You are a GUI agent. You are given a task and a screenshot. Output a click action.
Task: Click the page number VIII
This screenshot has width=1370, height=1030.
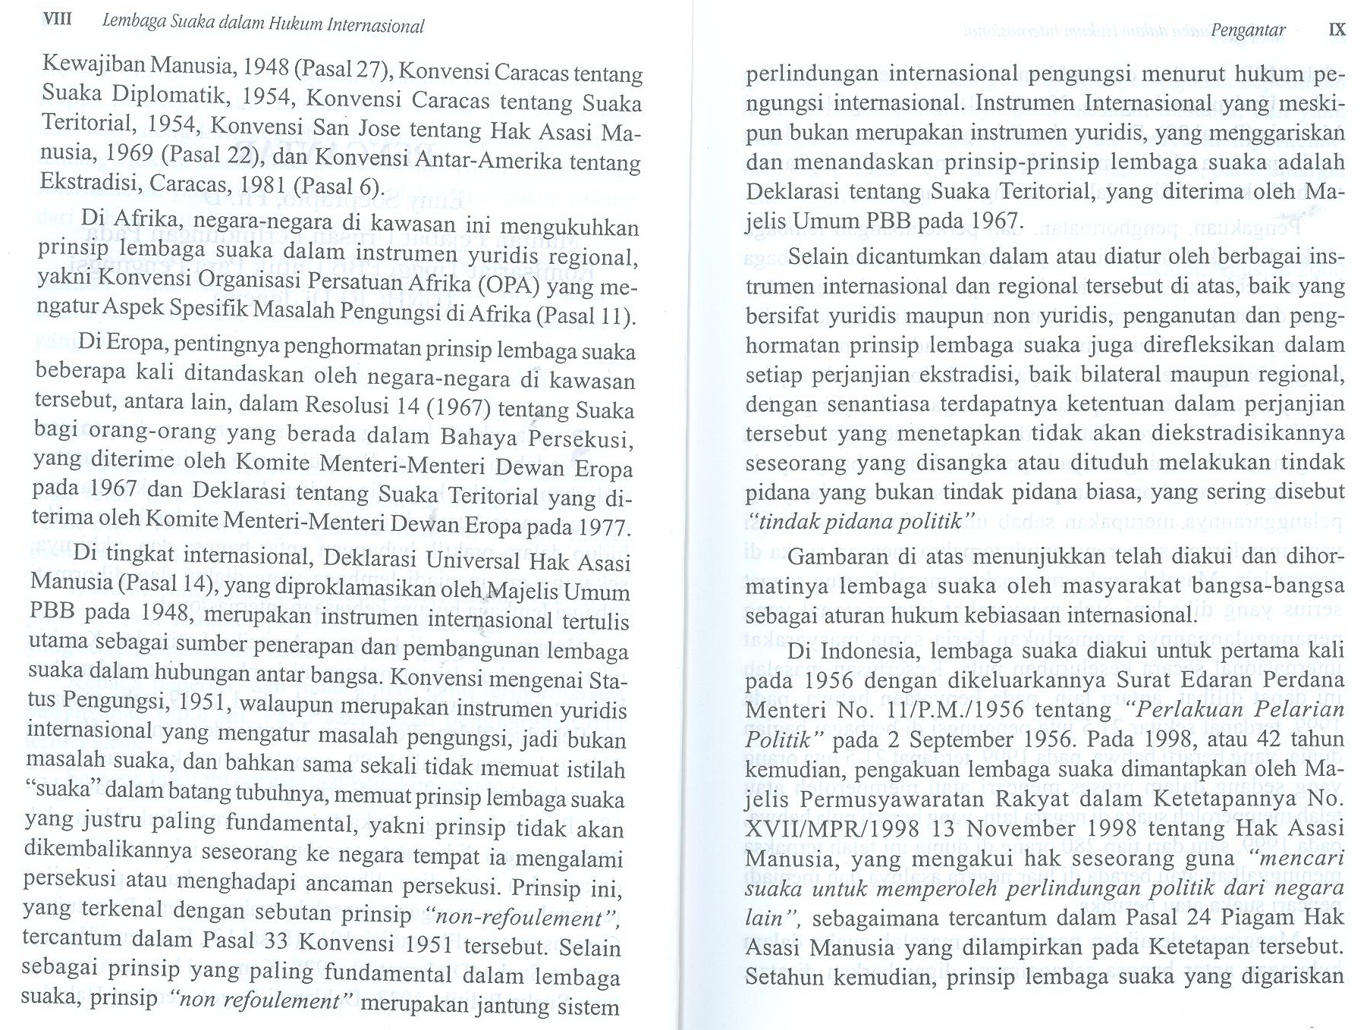pyautogui.click(x=58, y=19)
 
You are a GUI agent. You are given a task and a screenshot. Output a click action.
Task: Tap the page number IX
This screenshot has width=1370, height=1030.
pyautogui.click(x=1337, y=30)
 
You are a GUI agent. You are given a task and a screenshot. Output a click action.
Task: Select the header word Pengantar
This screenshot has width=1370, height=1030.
pyautogui.click(x=1248, y=30)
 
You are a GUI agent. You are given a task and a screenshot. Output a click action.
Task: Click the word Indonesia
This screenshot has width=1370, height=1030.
pyautogui.click(x=866, y=651)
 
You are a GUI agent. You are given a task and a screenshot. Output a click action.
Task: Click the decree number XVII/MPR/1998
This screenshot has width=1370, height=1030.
pyautogui.click(x=832, y=828)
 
